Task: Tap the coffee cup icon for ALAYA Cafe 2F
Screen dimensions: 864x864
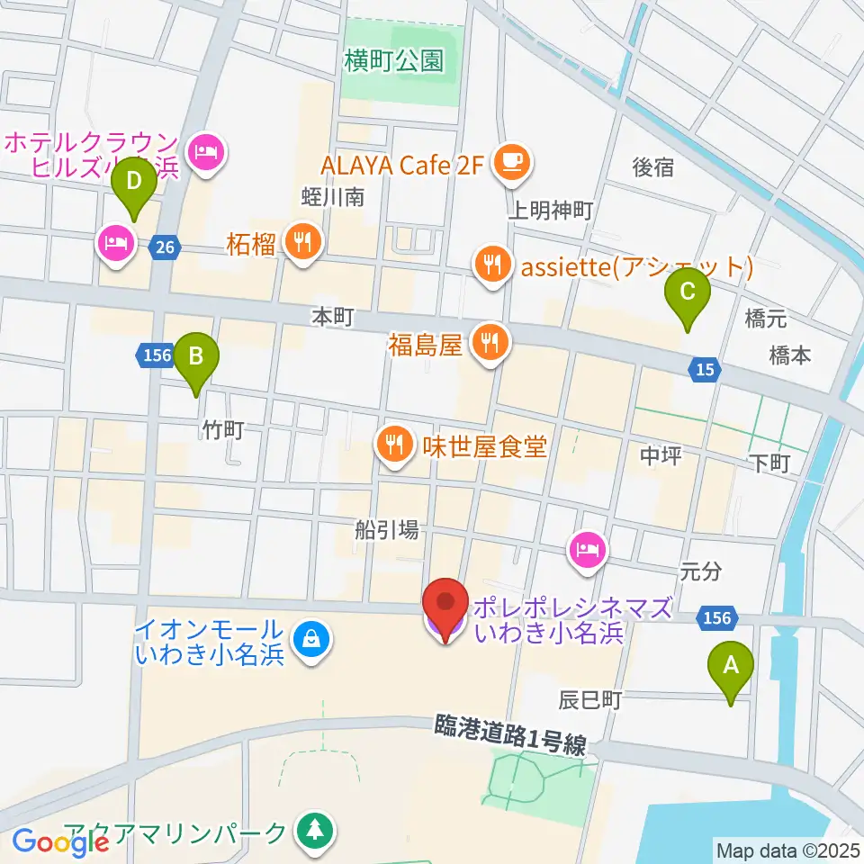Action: click(x=513, y=161)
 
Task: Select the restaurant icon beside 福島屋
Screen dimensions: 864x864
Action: click(x=490, y=342)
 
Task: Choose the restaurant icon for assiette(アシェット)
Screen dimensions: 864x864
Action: click(x=491, y=266)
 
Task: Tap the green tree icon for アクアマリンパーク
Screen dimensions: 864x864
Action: click(x=314, y=830)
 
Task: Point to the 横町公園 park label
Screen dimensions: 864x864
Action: click(x=394, y=61)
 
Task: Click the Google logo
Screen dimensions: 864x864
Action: click(x=61, y=841)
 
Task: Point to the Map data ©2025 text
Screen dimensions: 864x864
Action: click(x=786, y=849)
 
